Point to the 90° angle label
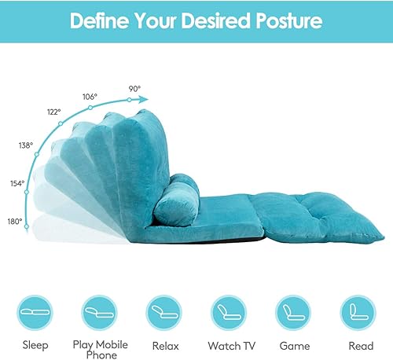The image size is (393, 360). click(134, 89)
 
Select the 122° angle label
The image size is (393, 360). click(53, 112)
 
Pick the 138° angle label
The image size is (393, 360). click(26, 145)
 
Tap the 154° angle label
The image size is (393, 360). click(17, 183)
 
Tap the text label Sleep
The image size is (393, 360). click(35, 345)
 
